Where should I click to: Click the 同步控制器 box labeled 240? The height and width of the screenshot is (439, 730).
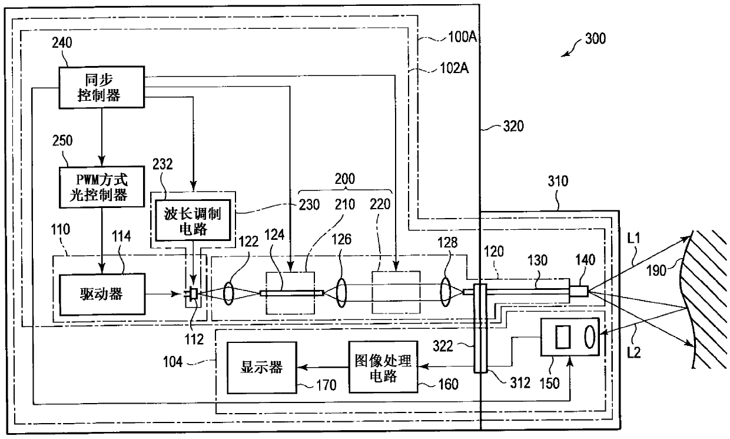tap(101, 87)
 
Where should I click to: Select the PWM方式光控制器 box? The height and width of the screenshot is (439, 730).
tap(101, 187)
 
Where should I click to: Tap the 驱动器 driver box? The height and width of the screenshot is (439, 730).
tap(102, 294)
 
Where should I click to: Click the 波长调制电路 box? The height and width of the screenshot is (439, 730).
tap(193, 220)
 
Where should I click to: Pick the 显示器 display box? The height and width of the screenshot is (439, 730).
tap(262, 368)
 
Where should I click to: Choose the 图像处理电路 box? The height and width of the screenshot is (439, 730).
tap(383, 367)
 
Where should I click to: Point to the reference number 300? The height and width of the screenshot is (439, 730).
tap(595, 38)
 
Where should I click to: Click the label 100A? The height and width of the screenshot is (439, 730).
tap(463, 37)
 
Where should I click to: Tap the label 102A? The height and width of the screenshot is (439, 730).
tap(454, 68)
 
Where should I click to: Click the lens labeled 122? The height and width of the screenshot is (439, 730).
tap(228, 293)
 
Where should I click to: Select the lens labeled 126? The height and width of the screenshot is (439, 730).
tap(341, 292)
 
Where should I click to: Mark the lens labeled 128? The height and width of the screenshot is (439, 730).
tap(445, 292)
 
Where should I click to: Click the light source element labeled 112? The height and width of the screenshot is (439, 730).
tap(194, 293)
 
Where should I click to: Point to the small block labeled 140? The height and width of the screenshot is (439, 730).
tap(579, 291)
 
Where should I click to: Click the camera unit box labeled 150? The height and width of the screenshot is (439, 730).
tap(570, 337)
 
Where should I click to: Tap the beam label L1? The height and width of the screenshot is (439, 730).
tap(633, 239)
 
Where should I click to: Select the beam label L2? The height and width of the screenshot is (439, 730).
tap(633, 352)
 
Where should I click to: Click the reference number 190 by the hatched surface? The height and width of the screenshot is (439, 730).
tap(656, 270)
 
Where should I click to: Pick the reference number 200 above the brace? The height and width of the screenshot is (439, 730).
tap(345, 179)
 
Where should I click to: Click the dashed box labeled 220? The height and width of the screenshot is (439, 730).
tap(396, 292)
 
